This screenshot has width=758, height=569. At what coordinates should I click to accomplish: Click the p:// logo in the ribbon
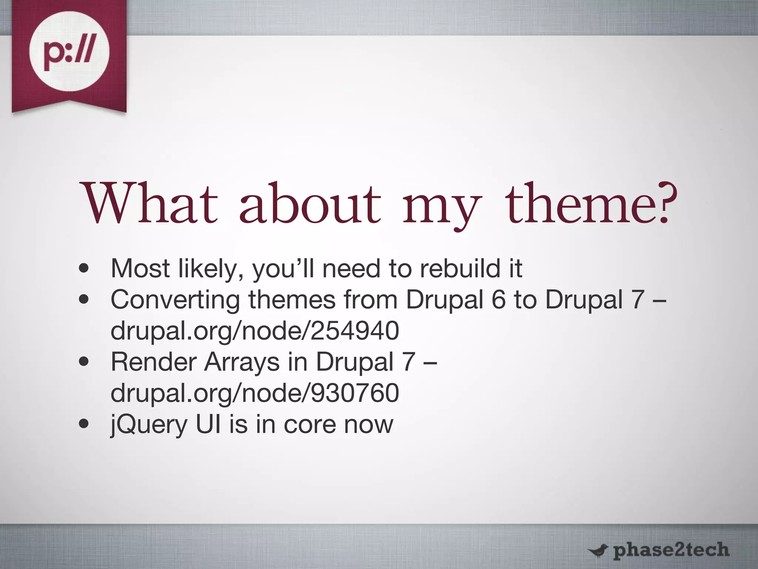pyautogui.click(x=69, y=51)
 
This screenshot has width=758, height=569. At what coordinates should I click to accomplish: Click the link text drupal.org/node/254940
pyautogui.click(x=255, y=330)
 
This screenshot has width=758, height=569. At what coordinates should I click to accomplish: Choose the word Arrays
pyautogui.click(x=242, y=362)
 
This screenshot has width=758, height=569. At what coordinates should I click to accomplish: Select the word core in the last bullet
pyautogui.click(x=309, y=425)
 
